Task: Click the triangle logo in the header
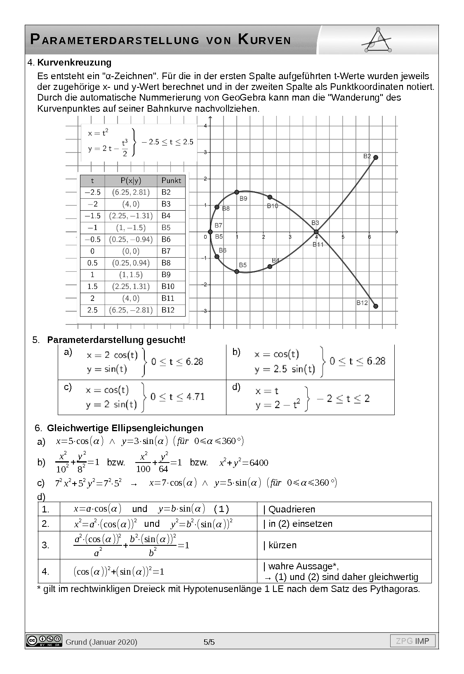377,40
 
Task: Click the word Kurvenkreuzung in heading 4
74,63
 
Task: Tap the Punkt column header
171,180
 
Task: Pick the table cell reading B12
168,310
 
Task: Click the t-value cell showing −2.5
92,192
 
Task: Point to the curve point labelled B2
376,157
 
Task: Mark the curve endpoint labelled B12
376,306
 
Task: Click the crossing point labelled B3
316,232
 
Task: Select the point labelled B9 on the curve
237,192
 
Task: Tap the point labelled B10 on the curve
270,197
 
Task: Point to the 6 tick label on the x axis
369,237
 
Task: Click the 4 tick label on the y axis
205,126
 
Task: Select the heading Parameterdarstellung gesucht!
116,340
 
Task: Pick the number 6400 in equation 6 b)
259,463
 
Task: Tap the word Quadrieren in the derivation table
292,509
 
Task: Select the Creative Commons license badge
44,640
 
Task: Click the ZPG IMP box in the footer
412,641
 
